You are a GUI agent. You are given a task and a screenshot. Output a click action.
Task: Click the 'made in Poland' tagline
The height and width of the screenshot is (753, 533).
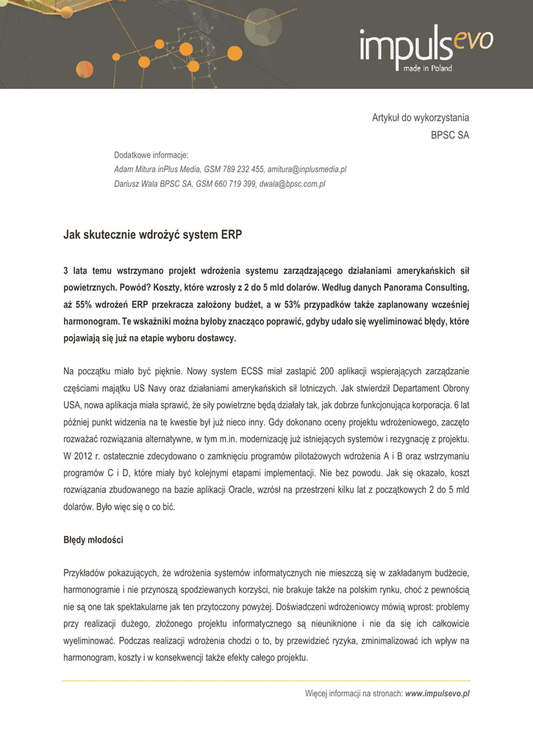[427, 68]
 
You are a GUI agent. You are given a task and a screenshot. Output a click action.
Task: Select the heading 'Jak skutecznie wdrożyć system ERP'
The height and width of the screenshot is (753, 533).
[152, 235]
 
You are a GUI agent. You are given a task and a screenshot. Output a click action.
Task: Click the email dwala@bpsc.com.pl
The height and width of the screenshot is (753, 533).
[292, 184]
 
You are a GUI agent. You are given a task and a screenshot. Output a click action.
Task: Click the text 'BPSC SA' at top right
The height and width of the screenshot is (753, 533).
[449, 135]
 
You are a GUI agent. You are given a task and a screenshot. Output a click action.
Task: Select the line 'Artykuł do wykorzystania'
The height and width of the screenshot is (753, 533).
[420, 118]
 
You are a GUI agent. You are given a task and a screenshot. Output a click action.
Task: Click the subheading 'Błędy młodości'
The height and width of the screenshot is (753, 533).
[93, 540]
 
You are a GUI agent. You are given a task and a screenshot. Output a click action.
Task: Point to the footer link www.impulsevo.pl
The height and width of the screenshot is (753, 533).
[437, 693]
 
